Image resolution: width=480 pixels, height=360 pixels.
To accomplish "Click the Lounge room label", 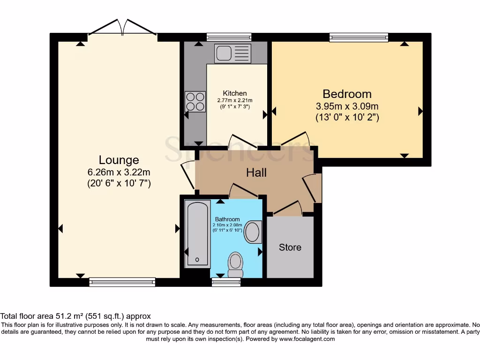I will pos(119,160).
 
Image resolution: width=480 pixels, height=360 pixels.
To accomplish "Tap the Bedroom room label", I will pos(347,94).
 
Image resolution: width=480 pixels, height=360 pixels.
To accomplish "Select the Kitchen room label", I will pos(234,93).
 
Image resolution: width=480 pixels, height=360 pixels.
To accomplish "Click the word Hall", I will pos(256,172).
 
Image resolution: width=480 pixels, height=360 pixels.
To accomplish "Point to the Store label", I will pos(290,247).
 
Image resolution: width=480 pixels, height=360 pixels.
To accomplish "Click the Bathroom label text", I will pos(227,219).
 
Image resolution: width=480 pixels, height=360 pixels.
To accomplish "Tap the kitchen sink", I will pos(232,53).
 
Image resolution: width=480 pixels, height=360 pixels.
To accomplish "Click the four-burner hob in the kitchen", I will pos(195,101).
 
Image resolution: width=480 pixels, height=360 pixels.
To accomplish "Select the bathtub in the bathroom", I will pos(197,233).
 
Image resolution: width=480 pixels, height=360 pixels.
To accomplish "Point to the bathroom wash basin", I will pos(253,232).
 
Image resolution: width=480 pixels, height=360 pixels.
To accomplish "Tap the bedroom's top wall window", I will pos(359,37).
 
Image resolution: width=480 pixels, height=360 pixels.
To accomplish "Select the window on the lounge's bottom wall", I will pos(122,282).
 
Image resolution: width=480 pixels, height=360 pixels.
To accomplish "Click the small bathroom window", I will pos(226,282).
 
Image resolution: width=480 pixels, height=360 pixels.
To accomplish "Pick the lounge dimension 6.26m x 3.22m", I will pos(119,172).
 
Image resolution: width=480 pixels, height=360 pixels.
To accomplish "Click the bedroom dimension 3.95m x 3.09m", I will pos(347,106).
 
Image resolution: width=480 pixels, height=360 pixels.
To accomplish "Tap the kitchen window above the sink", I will pos(229,37).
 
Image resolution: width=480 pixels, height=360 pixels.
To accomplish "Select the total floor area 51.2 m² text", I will pos(75,316).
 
